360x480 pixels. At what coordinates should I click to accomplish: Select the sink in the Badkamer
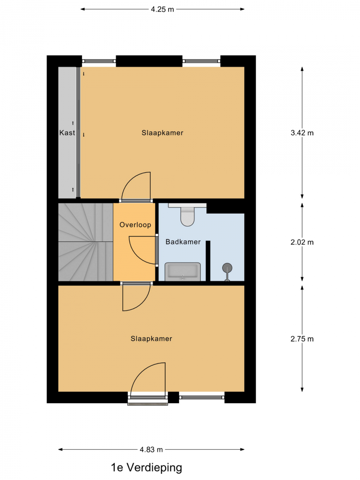[x=183, y=272]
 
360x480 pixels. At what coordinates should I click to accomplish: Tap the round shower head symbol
[x=227, y=268]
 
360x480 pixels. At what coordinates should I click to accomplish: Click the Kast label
[x=67, y=133]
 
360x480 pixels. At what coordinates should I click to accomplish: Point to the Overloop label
[x=135, y=225]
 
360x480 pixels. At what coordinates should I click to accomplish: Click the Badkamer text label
[x=183, y=242]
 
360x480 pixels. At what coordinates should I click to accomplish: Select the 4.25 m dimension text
[x=162, y=10]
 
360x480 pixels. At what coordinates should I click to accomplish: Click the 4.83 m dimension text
[x=151, y=450]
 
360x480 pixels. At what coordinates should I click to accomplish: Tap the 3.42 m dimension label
[x=302, y=133]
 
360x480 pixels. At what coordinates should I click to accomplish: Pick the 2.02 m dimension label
[x=302, y=242]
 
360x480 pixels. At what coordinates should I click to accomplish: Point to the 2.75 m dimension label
[x=302, y=339]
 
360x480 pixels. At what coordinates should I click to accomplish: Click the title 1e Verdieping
[x=146, y=468]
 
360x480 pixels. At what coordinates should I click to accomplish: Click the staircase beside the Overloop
[x=86, y=242]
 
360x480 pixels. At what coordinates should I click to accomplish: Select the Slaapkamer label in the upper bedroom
[x=162, y=133]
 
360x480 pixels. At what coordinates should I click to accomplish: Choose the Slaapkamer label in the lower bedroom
[x=151, y=338]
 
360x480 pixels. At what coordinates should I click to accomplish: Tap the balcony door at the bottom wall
[x=148, y=398]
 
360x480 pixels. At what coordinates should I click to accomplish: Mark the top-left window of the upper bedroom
[x=99, y=61]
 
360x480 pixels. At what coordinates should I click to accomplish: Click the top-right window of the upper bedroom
[x=202, y=61]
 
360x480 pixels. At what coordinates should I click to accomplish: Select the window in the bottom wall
[x=202, y=397]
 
